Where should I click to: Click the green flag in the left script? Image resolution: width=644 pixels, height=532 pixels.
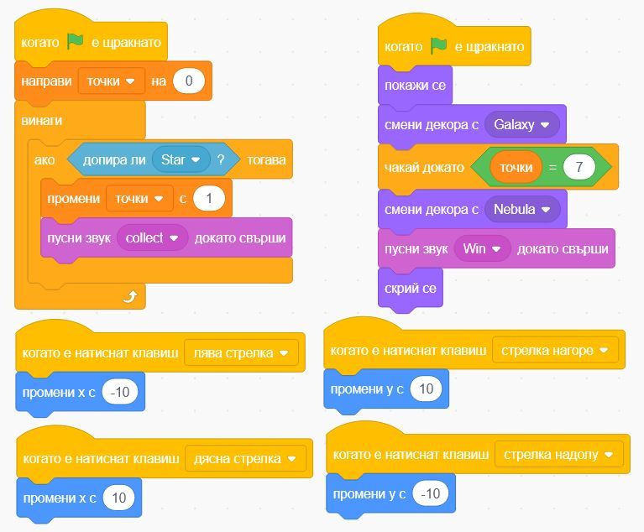click(76, 41)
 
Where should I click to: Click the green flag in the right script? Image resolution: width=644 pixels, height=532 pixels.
click(438, 46)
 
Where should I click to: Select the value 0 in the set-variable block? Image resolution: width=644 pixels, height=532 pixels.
click(189, 81)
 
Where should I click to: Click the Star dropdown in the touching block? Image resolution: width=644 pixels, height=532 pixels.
click(181, 159)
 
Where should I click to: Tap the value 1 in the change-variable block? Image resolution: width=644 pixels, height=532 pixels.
click(209, 198)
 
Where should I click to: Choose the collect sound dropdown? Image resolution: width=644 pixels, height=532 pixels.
click(152, 237)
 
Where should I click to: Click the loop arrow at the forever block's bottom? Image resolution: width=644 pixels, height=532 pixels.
click(129, 295)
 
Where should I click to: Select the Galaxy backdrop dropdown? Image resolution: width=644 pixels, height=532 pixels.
click(521, 125)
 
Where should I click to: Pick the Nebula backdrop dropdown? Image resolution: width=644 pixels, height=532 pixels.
click(521, 209)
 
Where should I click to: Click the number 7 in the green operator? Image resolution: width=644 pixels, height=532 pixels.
click(579, 167)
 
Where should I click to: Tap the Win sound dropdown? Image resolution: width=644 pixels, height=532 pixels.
click(482, 248)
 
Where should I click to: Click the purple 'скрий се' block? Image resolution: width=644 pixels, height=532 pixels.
click(410, 288)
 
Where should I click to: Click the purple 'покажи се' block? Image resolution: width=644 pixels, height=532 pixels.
click(415, 86)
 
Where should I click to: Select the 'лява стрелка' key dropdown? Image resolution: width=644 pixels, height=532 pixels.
click(241, 353)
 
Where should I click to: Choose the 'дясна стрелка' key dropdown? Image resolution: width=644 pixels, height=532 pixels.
click(245, 459)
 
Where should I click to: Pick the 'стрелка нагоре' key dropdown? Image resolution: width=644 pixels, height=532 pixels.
click(555, 350)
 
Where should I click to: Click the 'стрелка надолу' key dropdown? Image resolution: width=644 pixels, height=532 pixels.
click(558, 455)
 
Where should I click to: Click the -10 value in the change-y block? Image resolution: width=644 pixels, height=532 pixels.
click(430, 493)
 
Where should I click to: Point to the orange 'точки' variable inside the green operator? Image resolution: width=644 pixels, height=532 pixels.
click(516, 167)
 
